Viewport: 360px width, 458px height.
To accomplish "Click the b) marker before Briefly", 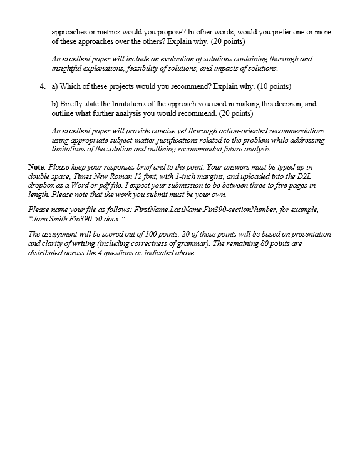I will click(x=54, y=103).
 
